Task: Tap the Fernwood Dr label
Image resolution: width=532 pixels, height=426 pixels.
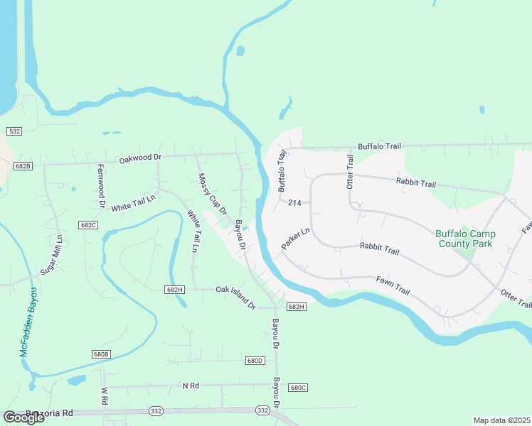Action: (x=101, y=186)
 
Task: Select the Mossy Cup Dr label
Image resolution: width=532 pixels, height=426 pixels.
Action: (x=212, y=194)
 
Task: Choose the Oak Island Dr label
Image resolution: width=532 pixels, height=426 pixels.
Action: (x=235, y=297)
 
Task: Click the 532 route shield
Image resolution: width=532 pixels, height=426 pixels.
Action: (x=14, y=131)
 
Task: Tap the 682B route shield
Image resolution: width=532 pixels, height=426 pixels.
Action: (x=23, y=166)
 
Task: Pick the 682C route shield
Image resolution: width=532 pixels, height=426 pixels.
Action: (x=89, y=224)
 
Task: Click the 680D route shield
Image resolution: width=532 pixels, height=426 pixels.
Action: (x=255, y=361)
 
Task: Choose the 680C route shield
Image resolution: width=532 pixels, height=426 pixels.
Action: (x=298, y=387)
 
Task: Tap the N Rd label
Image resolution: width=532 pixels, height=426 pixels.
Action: (x=190, y=386)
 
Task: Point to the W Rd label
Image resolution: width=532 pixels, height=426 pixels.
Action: (x=104, y=396)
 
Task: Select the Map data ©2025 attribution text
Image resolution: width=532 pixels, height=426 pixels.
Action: (x=501, y=420)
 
